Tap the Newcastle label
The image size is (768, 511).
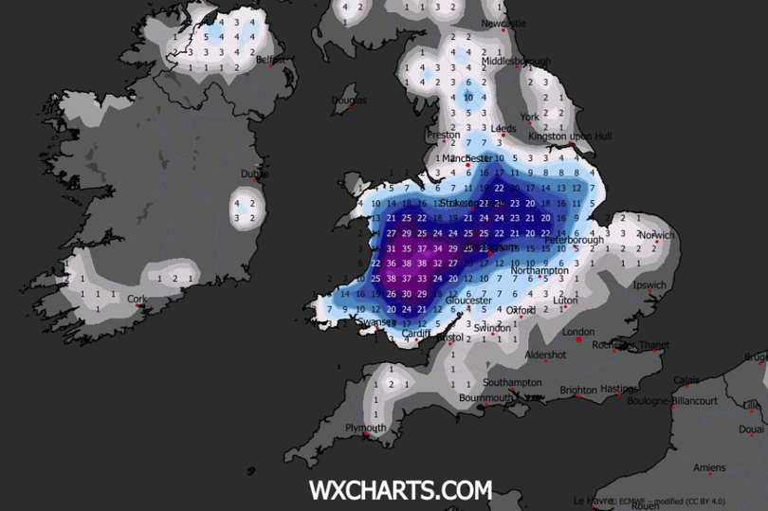tap(503, 24)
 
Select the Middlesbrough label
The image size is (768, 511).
tap(516, 62)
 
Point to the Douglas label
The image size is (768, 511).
tap(348, 100)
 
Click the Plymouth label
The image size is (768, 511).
tap(366, 428)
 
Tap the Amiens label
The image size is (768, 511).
tap(708, 467)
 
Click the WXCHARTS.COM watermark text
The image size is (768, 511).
tap(400, 490)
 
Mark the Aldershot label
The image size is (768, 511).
tap(545, 355)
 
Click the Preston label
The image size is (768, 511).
tap(443, 135)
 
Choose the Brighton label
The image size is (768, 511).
tap(578, 390)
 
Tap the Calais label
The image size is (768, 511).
tap(686, 380)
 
